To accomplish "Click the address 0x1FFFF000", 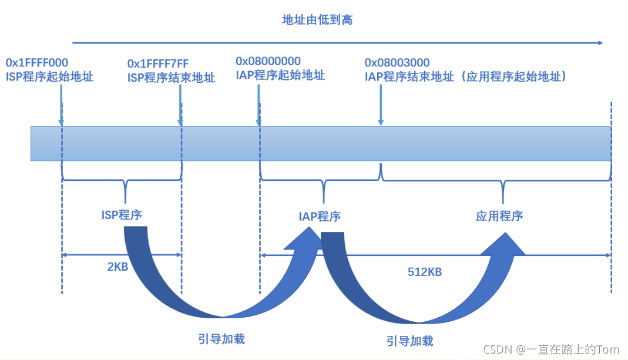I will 37,63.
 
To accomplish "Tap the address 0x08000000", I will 268,61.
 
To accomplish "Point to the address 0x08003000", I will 397,63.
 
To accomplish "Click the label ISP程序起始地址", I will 49,76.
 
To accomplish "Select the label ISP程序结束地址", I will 172,78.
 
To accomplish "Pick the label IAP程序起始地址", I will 280,75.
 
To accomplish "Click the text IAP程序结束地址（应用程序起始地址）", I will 466,76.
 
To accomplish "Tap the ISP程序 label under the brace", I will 122,214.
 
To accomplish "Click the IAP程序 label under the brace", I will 320,216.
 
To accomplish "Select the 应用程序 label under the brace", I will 499,216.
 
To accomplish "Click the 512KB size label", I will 425,272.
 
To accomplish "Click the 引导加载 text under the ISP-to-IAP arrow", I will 221,338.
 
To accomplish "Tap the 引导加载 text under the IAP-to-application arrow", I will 409,341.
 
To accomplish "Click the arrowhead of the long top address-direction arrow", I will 599,42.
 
